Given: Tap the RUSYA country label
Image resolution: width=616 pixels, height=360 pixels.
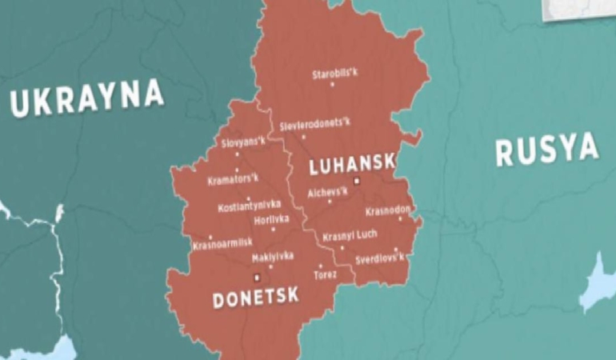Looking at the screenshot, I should (546, 150).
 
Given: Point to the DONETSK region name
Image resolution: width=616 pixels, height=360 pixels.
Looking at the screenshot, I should (255, 297).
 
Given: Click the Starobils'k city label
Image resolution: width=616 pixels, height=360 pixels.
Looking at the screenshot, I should (334, 75).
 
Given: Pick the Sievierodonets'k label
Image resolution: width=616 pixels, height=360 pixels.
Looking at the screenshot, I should (314, 125).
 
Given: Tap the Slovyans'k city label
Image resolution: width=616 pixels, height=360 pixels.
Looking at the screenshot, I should (243, 143).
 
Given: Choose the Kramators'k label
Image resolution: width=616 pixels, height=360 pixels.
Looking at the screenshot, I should (233, 179).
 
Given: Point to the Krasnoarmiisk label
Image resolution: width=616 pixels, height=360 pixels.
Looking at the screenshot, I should (222, 243).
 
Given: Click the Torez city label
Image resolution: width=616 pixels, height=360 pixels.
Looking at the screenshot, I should (325, 274).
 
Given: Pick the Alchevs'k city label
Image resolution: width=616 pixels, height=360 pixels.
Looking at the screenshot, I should (328, 192).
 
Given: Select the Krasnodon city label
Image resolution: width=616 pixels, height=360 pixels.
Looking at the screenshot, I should (388, 210).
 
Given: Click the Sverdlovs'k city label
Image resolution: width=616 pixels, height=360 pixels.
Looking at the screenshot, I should (380, 259).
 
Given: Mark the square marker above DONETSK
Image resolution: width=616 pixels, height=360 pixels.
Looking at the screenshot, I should (256, 278).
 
